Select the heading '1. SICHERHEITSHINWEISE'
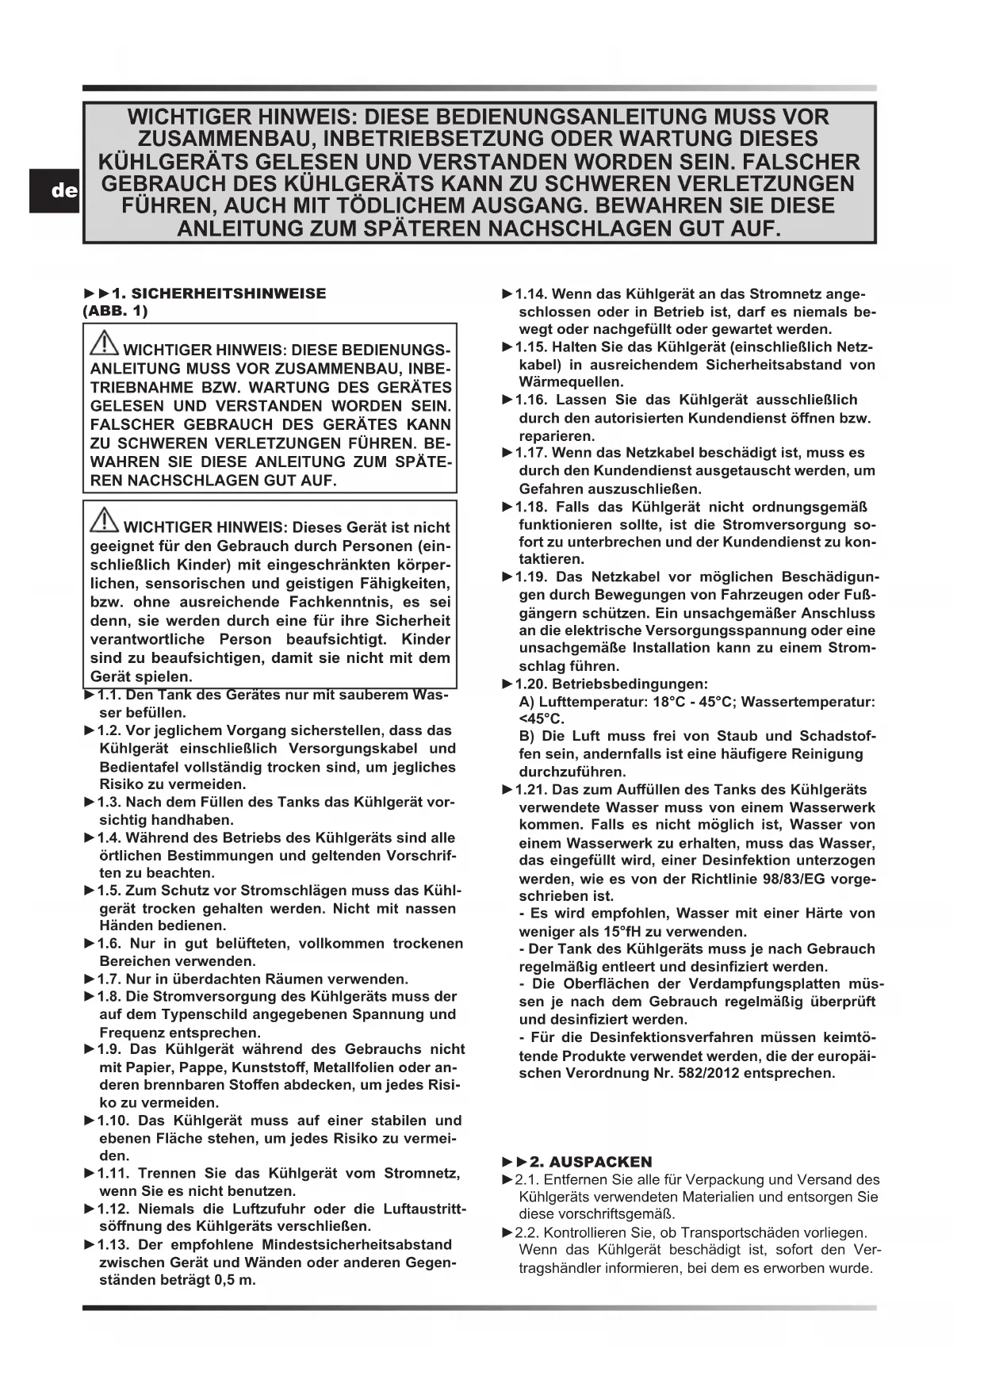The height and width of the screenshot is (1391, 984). [218, 293]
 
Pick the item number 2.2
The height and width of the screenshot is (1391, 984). [526, 1233]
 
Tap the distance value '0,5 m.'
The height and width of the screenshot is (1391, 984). [235, 1280]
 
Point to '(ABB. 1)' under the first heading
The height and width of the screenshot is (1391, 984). [115, 311]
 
